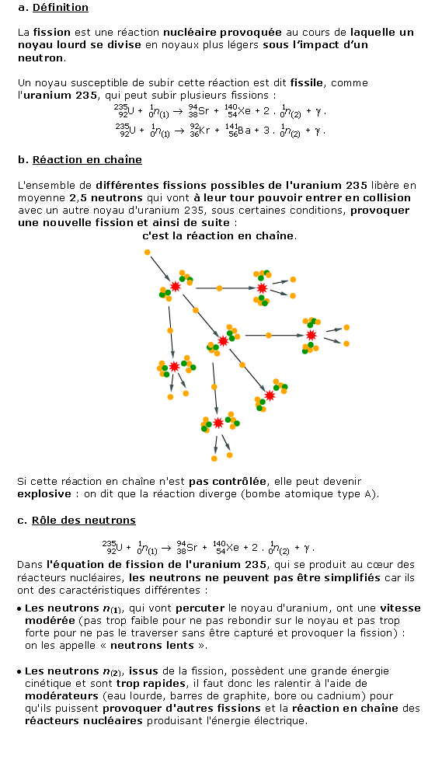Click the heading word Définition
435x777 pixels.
60,8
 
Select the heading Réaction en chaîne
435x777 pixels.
87,160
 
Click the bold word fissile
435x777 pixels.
307,82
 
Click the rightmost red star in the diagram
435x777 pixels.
311,335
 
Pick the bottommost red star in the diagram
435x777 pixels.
218,423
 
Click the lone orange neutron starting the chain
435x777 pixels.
147,253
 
